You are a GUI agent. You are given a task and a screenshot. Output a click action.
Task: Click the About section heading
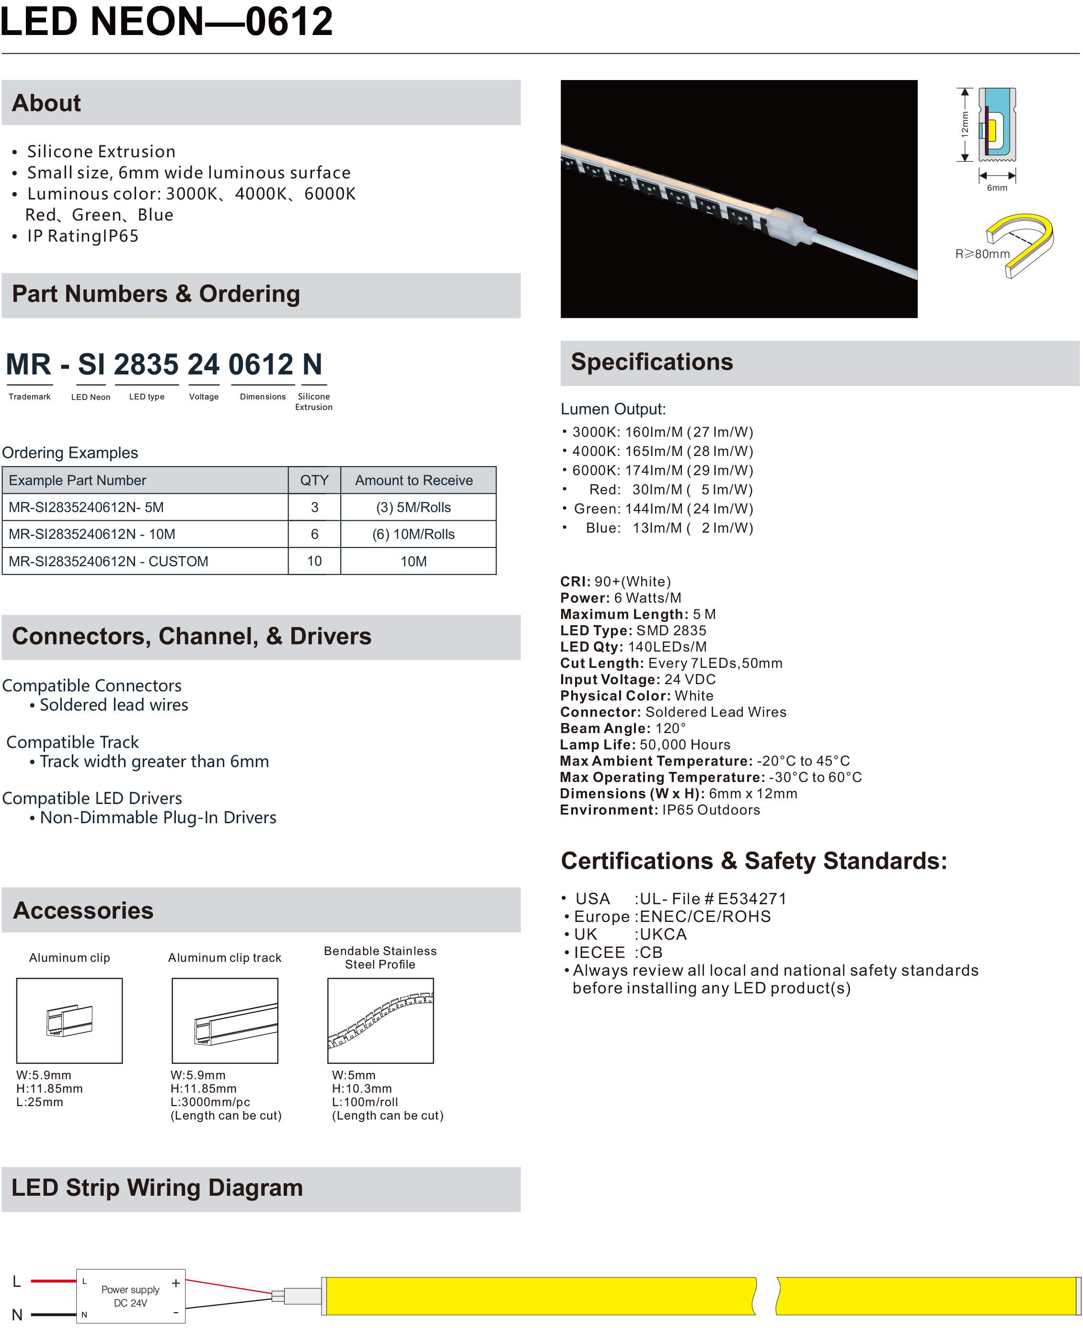tap(47, 103)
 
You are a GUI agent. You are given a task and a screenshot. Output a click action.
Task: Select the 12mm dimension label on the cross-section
tap(965, 124)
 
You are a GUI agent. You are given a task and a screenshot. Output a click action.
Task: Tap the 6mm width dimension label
tap(996, 188)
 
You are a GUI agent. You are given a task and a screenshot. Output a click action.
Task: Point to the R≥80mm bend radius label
tap(982, 254)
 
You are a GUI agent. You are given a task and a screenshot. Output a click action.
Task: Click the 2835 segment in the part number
tap(146, 365)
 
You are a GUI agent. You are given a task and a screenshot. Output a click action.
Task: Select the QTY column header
tap(314, 480)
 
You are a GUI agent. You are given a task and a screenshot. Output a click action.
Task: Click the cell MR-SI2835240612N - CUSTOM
tap(109, 561)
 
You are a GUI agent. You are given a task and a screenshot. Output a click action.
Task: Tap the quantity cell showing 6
tap(314, 534)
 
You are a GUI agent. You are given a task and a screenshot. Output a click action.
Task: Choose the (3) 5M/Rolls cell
tap(413, 507)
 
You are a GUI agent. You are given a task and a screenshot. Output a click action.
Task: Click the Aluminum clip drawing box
tap(69, 1020)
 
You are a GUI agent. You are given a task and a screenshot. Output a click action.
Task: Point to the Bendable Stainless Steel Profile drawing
tap(380, 1020)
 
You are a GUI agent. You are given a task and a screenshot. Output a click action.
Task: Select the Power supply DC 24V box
tap(130, 1296)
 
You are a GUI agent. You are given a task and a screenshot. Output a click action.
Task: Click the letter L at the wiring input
tap(17, 1281)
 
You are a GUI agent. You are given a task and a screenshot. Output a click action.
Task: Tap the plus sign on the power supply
tap(176, 1283)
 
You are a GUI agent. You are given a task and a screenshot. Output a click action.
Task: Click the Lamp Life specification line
tap(645, 745)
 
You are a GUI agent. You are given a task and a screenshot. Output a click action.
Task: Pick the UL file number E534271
tap(752, 898)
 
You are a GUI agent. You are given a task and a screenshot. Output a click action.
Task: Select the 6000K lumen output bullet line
tap(661, 470)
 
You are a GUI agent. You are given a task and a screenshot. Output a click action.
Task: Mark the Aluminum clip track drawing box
tap(225, 1020)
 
